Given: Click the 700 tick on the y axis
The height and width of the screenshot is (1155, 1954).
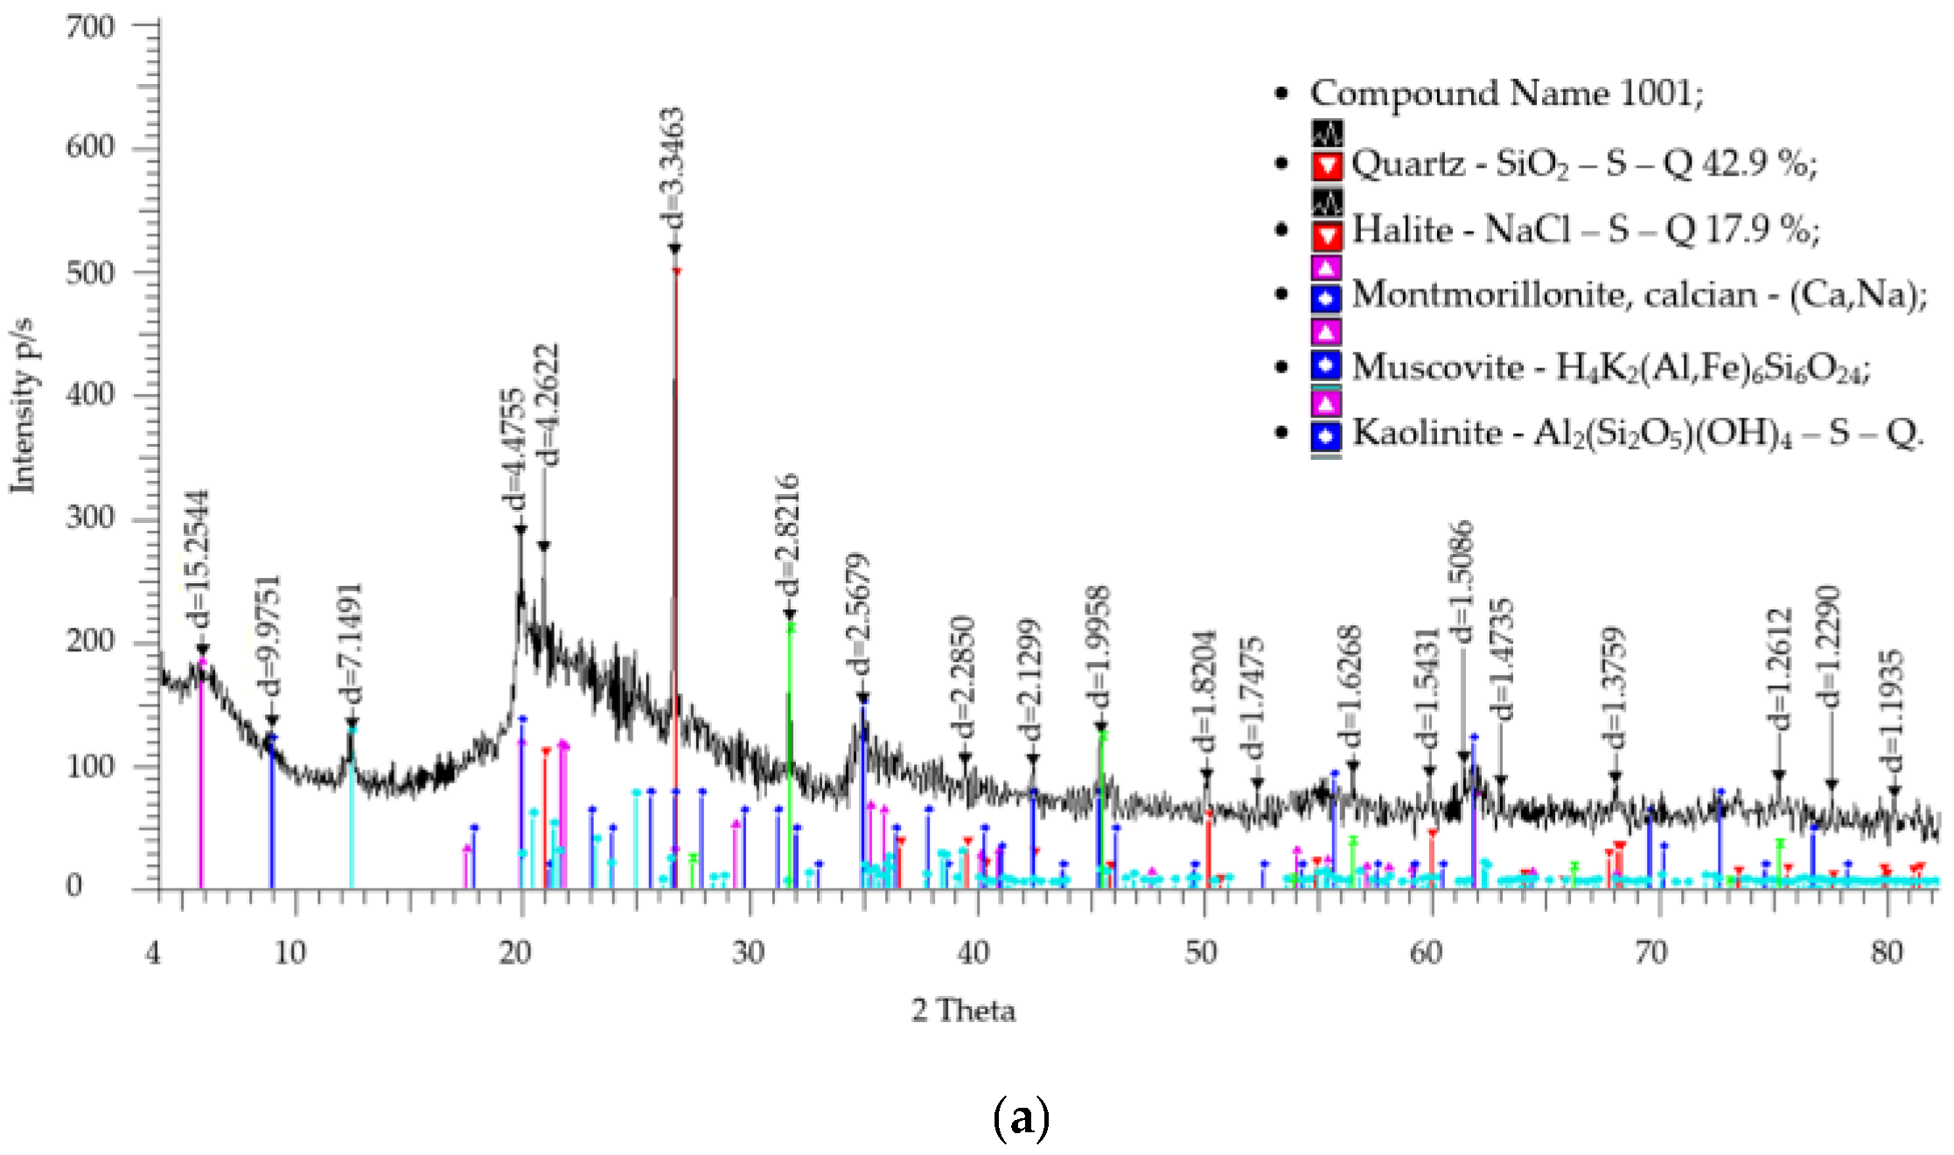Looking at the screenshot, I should pyautogui.click(x=90, y=27).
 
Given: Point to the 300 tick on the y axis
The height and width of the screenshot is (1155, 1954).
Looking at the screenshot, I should pyautogui.click(x=90, y=518).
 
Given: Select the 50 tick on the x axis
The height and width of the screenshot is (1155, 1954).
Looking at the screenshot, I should pyautogui.click(x=1201, y=952).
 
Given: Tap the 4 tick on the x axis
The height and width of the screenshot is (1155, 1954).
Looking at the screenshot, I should pyautogui.click(x=154, y=952).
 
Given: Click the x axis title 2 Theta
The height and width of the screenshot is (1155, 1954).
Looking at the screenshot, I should pyautogui.click(x=963, y=1011).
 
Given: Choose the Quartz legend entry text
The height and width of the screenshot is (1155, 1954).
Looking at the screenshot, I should pyautogui.click(x=1583, y=164).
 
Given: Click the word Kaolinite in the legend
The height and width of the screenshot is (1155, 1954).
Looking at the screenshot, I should pyautogui.click(x=1427, y=433).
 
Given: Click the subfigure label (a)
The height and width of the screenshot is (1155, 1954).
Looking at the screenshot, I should pyautogui.click(x=1021, y=1118).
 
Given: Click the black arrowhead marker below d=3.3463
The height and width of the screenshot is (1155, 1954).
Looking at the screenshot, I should pyautogui.click(x=674, y=249).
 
